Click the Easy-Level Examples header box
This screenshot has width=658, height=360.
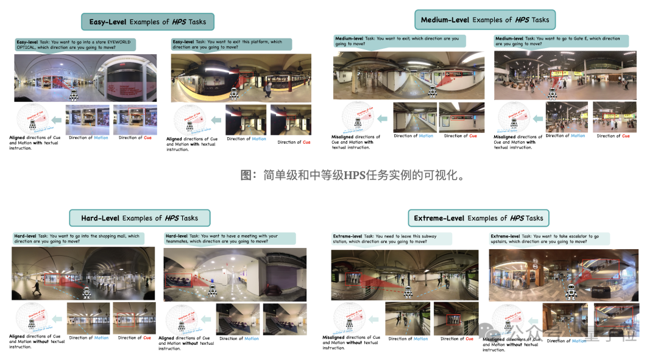click(147, 22)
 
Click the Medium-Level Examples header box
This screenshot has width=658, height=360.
click(485, 19)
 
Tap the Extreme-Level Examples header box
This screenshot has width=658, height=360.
click(478, 217)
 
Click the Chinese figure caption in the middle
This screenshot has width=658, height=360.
click(353, 176)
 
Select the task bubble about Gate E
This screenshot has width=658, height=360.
click(561, 41)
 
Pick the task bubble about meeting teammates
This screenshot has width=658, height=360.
click(230, 239)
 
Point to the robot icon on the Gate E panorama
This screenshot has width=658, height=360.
click(553, 94)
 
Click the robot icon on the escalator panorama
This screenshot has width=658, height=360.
click(571, 292)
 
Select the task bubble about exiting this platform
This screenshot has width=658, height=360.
click(230, 44)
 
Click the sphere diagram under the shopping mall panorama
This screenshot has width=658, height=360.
click(32, 318)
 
